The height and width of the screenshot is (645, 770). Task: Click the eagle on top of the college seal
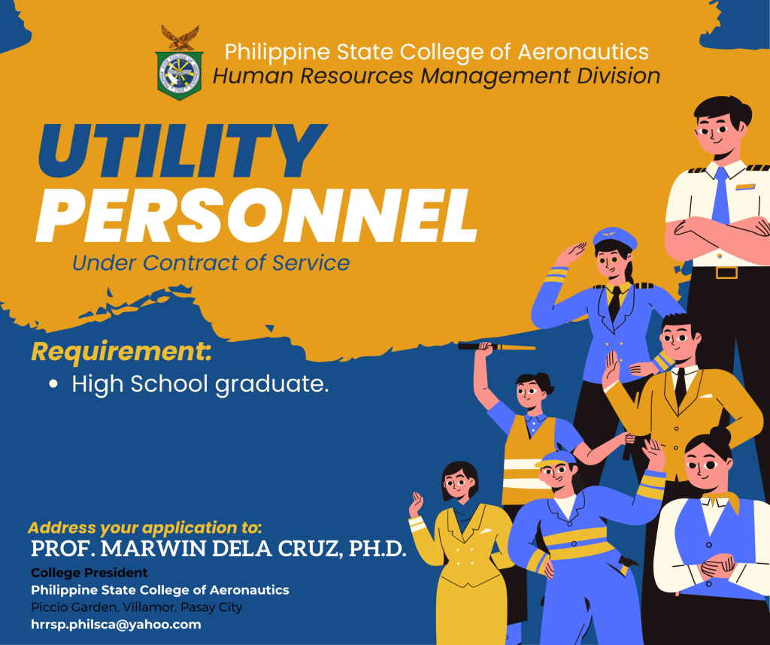point(180,38)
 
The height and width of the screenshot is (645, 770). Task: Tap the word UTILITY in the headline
point(182,151)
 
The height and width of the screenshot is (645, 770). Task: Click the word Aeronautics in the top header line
point(583,52)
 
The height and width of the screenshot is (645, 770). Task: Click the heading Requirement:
point(121,353)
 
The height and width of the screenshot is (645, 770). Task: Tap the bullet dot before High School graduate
point(53,384)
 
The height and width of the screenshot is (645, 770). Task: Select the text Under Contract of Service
point(211,262)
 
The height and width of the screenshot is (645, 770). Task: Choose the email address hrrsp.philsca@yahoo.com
point(116,625)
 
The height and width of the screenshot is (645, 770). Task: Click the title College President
point(89,573)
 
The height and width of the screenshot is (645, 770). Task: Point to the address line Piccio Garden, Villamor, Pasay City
point(137,607)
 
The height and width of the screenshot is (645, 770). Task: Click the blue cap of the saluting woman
point(615,238)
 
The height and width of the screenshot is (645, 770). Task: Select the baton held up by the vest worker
point(497,347)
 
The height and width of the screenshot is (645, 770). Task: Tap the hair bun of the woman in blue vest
point(720,435)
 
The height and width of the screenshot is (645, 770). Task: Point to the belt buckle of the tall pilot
point(727,272)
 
